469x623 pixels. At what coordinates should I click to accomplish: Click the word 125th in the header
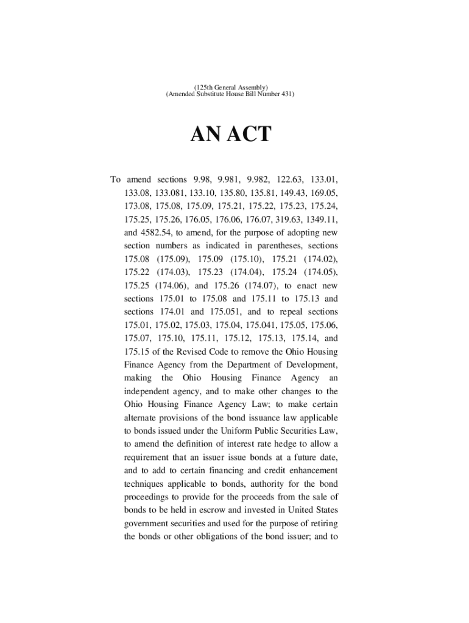click(205, 88)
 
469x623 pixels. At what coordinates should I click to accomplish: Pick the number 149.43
click(285, 193)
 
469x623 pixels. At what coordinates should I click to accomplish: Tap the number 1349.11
click(321, 219)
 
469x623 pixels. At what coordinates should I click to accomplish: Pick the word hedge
click(290, 445)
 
